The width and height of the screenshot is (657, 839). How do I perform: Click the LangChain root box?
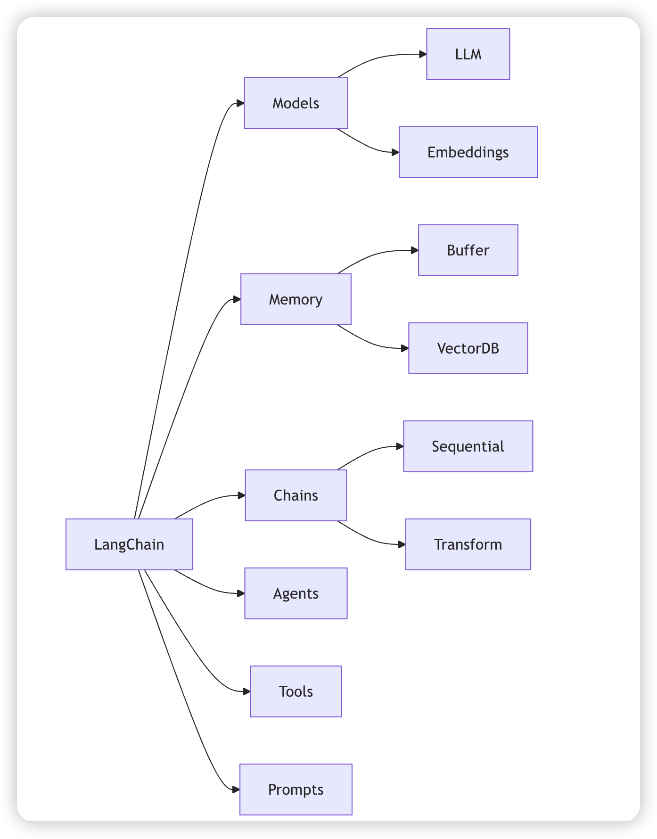(x=129, y=544)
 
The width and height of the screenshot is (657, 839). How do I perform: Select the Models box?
(x=296, y=103)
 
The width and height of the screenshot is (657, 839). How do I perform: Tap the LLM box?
(x=468, y=54)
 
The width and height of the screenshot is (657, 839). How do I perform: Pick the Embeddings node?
(x=468, y=152)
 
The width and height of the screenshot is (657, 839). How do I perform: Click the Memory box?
(x=296, y=299)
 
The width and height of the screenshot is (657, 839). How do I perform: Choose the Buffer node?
(x=468, y=250)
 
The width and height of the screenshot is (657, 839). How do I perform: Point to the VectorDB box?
(x=468, y=348)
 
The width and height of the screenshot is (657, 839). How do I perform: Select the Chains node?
(x=296, y=495)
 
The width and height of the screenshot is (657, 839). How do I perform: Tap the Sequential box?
(x=468, y=446)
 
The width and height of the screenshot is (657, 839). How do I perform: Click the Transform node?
(x=468, y=544)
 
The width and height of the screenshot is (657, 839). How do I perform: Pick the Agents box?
(x=296, y=593)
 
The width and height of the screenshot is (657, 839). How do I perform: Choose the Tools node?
(x=296, y=691)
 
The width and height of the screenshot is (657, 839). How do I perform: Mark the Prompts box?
(x=296, y=790)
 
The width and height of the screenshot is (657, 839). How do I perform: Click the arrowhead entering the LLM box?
(x=423, y=54)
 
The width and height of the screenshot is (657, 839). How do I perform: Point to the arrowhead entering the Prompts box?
(x=236, y=790)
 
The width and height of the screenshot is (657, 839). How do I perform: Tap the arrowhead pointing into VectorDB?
(x=404, y=348)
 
